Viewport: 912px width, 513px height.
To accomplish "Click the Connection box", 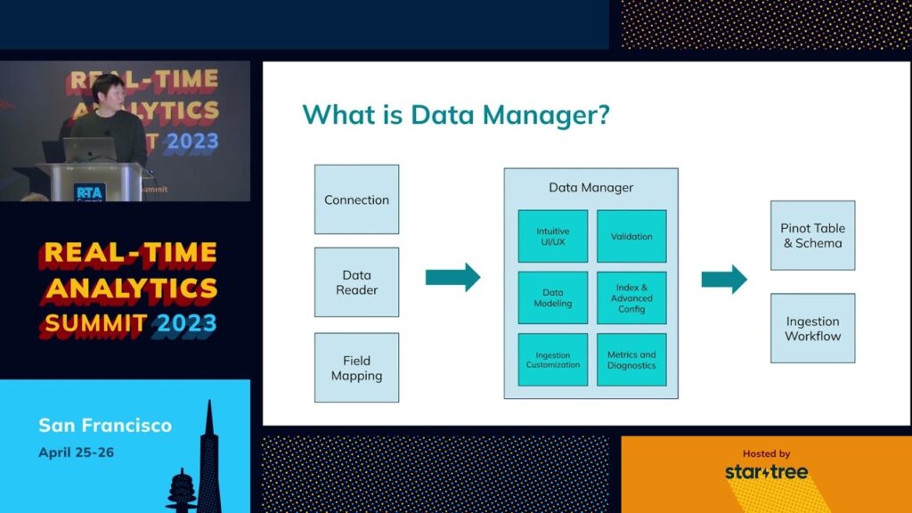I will (x=356, y=199).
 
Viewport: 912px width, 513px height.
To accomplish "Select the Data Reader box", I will (x=356, y=282).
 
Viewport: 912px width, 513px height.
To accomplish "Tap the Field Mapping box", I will (x=356, y=368).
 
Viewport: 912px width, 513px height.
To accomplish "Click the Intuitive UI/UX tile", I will (x=553, y=236).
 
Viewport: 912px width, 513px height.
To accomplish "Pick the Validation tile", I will (x=631, y=236).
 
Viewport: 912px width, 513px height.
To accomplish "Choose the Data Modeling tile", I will (x=553, y=297).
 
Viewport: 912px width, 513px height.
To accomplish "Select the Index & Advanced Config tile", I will (x=631, y=297).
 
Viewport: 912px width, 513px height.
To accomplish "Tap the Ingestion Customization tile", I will (x=553, y=359).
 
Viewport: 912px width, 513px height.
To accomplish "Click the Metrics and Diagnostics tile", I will (x=631, y=359).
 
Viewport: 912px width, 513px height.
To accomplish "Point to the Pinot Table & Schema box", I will (x=812, y=235).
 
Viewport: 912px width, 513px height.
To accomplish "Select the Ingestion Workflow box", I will (x=812, y=328).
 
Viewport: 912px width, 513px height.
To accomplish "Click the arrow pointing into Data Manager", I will (x=452, y=277).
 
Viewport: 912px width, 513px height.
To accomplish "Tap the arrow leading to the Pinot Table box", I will (x=724, y=279).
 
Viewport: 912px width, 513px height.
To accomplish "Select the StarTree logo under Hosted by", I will (x=766, y=471).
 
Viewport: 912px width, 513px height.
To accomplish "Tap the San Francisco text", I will (x=105, y=425).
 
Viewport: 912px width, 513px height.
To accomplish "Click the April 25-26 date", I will (x=76, y=452).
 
